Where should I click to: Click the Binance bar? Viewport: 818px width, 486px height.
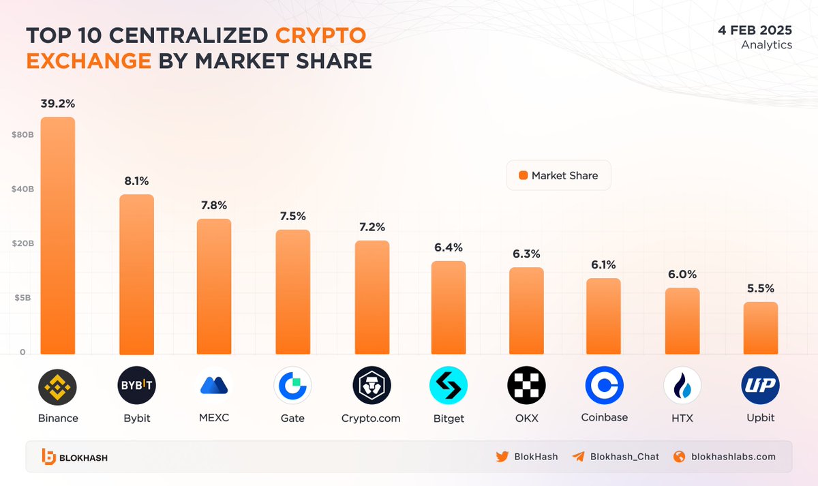pos(58,236)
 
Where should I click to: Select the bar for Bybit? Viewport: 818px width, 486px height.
pos(137,275)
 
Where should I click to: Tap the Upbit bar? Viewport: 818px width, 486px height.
pos(760,328)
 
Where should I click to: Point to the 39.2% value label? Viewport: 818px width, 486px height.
pos(58,104)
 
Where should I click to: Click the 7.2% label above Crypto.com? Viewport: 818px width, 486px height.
pos(372,227)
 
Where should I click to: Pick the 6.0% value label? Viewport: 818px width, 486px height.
pos(682,275)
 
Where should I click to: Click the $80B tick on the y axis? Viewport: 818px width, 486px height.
pos(22,135)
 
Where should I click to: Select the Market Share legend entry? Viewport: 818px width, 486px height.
pos(558,175)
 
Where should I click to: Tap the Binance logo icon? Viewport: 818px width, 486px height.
pos(58,386)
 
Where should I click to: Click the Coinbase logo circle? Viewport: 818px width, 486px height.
pos(604,386)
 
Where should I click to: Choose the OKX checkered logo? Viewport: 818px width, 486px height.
pos(527,386)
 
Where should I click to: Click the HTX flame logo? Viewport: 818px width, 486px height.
pos(682,386)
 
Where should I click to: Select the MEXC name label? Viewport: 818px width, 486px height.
pos(215,417)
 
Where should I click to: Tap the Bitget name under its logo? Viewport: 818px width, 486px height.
pos(449,419)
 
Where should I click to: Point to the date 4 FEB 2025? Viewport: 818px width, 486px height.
pos(755,31)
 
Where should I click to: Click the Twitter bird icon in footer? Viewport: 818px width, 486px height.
pos(502,457)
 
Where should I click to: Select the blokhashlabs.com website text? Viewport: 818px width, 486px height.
pos(733,457)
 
